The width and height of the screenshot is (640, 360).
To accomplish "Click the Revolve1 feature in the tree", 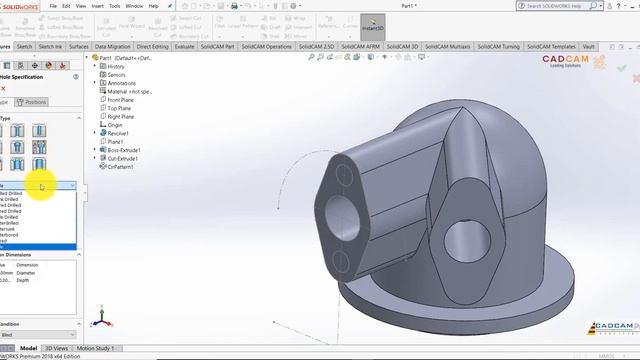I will (x=118, y=133).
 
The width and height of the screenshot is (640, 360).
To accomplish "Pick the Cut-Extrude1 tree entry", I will (x=122, y=158).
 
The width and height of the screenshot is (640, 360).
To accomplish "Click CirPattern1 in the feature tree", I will (x=120, y=167).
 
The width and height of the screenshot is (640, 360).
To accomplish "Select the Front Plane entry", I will (x=120, y=100).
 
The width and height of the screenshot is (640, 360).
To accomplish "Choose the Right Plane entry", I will (x=120, y=116).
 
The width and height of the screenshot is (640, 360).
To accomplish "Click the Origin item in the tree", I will (x=115, y=125).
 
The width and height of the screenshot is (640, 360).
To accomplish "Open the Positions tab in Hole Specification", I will (x=35, y=102).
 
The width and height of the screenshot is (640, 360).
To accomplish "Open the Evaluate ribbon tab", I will (x=185, y=46).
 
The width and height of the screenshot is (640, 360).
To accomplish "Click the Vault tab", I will (x=589, y=46).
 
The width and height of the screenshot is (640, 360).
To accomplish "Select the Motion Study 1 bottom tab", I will (x=95, y=348).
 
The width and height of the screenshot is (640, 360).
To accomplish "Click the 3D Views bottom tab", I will (x=56, y=348).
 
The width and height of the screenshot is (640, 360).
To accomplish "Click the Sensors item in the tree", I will (x=117, y=74).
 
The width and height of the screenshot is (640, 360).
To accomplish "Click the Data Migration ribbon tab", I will (x=112, y=46).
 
